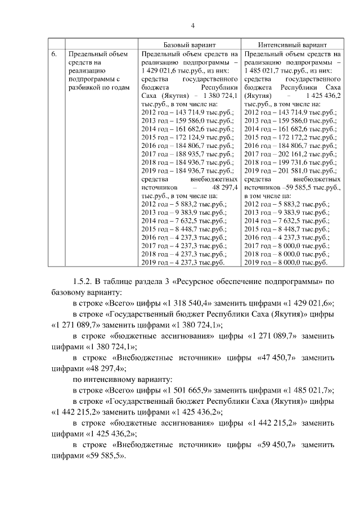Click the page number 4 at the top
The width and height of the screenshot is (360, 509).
[193, 26]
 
